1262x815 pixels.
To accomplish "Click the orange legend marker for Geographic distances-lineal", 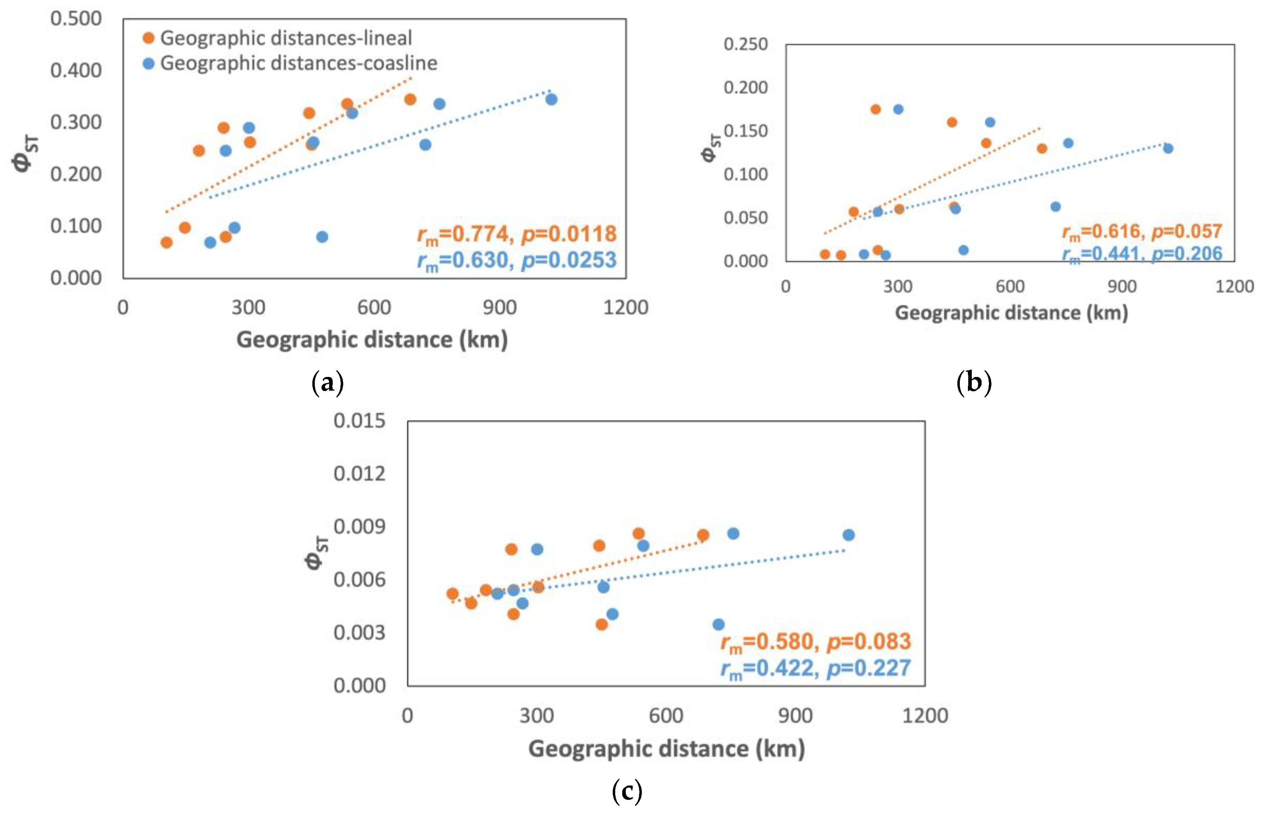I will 149,38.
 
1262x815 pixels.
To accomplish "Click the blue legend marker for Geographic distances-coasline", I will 149,64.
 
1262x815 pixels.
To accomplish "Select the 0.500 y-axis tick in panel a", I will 76,19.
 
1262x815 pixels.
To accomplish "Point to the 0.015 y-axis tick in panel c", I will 359,421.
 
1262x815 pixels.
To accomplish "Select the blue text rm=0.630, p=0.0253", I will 517,260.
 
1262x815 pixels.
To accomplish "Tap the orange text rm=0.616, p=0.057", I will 1142,231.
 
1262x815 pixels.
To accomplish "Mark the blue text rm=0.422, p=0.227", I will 815,668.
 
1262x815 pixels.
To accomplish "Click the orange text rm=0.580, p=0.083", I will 815,642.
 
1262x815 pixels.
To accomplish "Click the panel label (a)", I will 327,382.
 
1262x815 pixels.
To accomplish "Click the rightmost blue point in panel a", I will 551,99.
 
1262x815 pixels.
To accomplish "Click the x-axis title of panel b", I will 1011,313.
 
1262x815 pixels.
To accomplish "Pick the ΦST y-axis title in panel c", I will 317,553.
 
